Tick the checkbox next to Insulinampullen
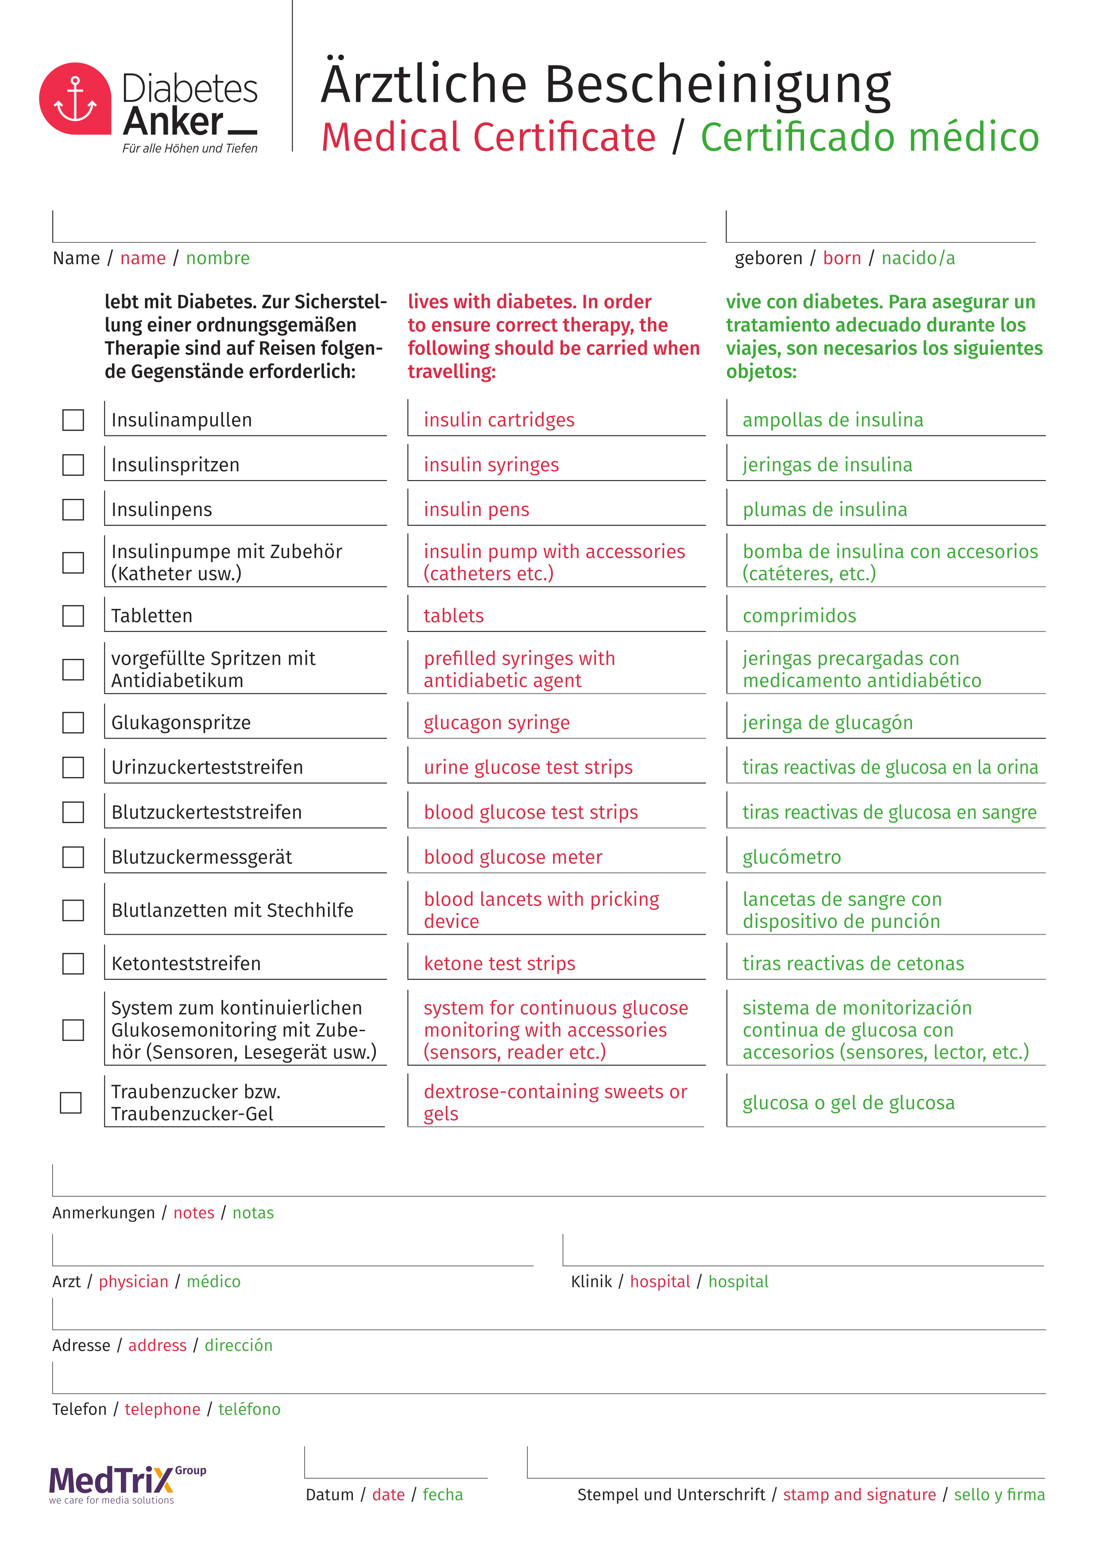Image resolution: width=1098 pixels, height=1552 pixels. [73, 420]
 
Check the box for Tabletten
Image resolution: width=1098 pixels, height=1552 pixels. [73, 616]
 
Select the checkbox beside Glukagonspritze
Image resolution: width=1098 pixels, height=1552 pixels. [73, 723]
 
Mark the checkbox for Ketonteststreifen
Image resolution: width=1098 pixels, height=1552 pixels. [73, 963]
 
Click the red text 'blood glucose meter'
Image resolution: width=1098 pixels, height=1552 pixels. [513, 857]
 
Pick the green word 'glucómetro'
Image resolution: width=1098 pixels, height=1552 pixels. [792, 857]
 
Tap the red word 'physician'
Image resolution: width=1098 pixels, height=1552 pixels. [133, 1282]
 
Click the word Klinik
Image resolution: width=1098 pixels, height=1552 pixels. [591, 1282]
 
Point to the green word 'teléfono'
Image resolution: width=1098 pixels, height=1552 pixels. [249, 1410]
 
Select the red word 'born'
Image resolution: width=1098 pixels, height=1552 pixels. [842, 258]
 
